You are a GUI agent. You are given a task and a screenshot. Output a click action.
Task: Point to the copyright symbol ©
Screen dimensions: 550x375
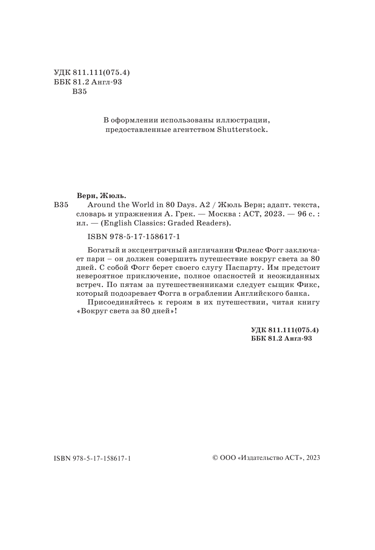click(x=215, y=458)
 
